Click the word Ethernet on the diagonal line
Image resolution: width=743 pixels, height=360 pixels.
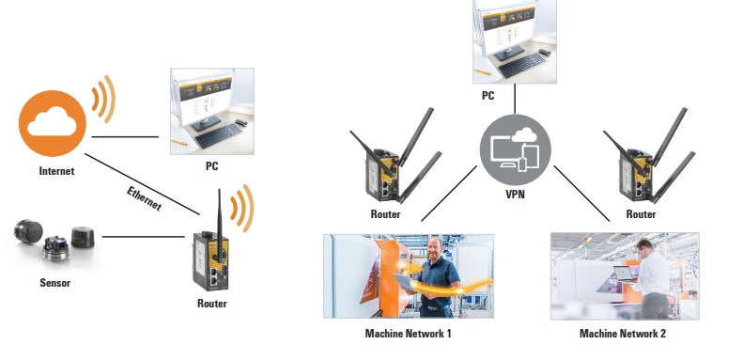(145, 199)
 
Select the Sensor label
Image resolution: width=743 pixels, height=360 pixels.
(53, 282)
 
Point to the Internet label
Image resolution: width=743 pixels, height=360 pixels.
(55, 171)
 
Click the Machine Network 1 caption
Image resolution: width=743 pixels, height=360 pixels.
(410, 334)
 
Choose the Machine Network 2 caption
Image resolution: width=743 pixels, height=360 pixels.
(624, 334)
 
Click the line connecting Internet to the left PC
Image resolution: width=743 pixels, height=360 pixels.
(125, 137)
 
